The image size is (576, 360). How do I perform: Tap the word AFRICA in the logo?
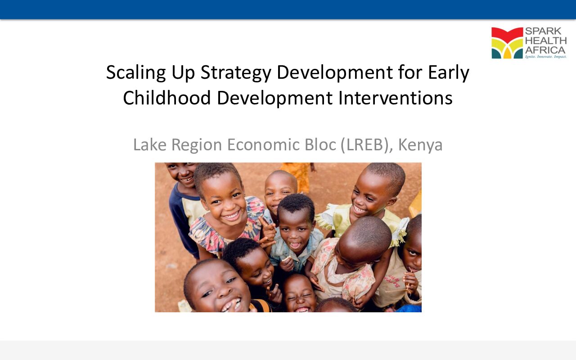click(x=545, y=49)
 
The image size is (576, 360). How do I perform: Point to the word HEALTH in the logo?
click(x=545, y=40)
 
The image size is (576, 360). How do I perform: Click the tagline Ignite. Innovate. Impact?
click(x=545, y=57)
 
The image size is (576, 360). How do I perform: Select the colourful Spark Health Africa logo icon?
click(x=507, y=43)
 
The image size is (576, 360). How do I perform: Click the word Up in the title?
click(x=183, y=73)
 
